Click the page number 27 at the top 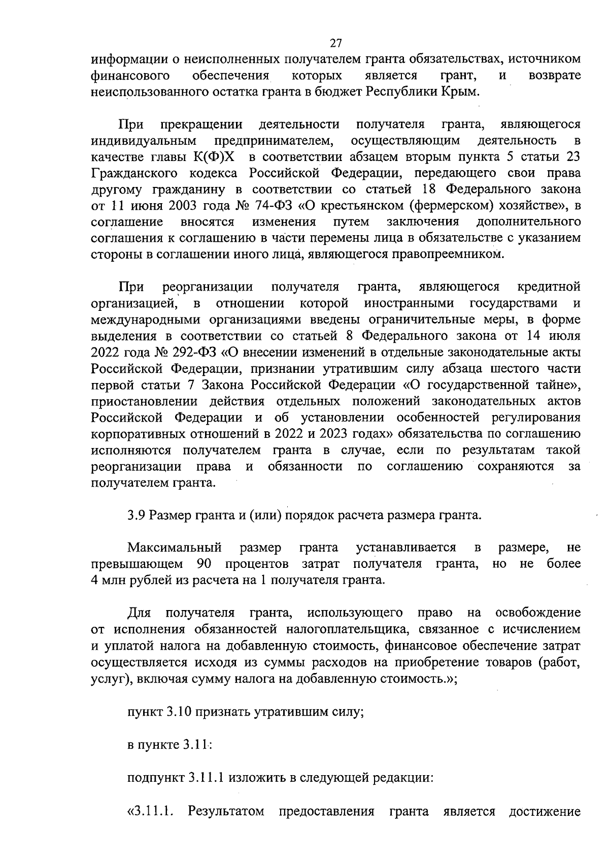(335, 43)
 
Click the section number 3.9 (137, 515)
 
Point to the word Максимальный (175, 548)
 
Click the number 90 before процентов (204, 564)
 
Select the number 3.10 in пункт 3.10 (178, 711)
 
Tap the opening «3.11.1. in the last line (151, 810)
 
